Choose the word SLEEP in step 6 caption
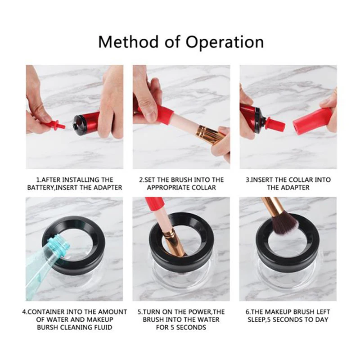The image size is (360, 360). tap(255, 319)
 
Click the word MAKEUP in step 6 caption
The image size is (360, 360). tap(281, 311)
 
